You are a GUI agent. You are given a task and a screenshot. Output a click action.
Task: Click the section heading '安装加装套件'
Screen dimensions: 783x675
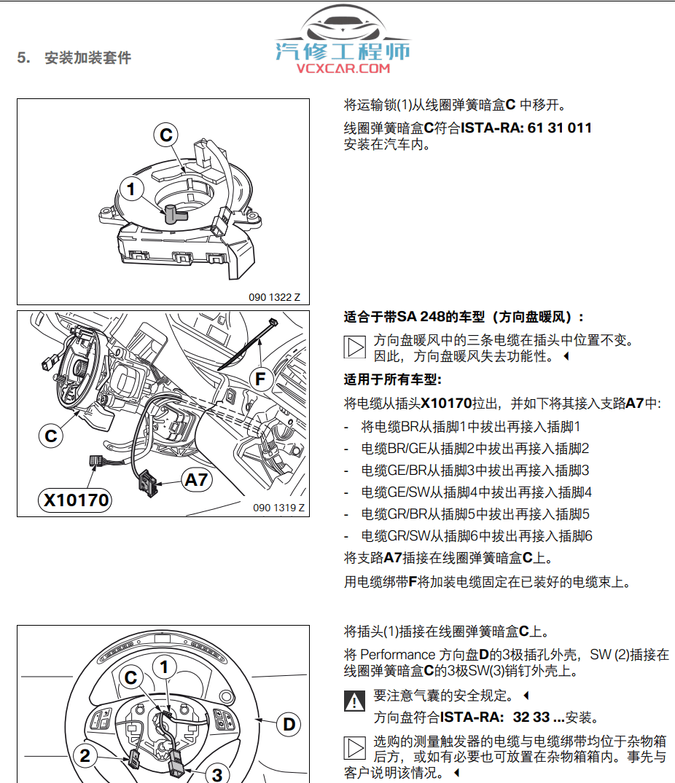87,58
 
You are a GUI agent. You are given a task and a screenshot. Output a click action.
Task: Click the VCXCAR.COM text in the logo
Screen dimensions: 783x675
343,69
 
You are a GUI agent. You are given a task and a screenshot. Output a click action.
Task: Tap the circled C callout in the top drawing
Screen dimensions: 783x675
166,135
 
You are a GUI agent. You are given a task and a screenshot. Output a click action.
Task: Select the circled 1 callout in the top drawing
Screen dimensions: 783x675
131,190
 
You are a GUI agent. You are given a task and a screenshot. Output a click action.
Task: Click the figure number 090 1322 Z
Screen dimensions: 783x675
274,297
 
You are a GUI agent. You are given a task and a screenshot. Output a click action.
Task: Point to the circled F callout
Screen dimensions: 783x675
261,379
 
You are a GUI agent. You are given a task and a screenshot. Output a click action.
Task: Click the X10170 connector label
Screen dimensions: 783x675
76,500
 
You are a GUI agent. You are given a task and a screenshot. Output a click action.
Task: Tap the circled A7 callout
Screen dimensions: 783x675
196,480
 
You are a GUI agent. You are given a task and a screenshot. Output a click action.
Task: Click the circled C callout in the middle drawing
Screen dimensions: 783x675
51,436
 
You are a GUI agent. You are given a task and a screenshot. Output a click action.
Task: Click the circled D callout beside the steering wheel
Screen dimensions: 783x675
289,724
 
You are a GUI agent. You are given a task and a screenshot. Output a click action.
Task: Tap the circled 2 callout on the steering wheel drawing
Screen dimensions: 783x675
85,755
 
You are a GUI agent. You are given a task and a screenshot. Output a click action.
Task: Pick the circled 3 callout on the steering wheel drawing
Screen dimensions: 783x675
217,774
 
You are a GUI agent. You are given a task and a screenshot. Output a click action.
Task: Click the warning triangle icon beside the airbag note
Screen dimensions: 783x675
354,701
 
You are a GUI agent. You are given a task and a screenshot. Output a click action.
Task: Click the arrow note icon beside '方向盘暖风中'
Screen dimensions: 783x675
354,347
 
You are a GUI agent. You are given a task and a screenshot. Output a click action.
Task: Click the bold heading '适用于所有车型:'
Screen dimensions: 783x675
393,379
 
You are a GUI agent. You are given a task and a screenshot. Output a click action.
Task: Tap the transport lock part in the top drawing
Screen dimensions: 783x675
174,213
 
